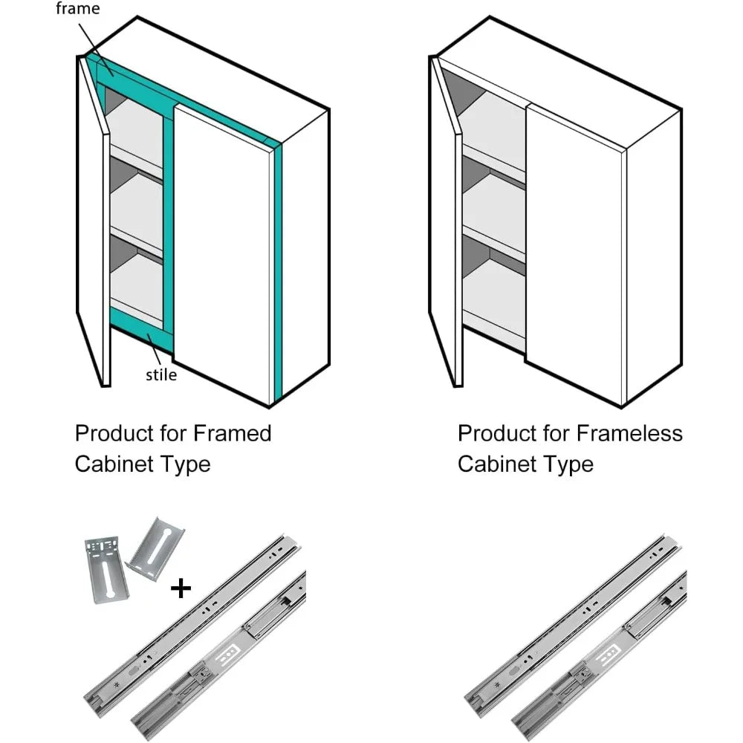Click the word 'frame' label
click(x=78, y=10)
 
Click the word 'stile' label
click(x=161, y=374)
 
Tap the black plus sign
click(x=181, y=589)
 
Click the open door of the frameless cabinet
click(x=446, y=223)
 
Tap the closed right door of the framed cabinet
click(x=223, y=253)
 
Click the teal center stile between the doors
click(x=169, y=223)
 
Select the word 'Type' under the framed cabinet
click(x=186, y=464)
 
